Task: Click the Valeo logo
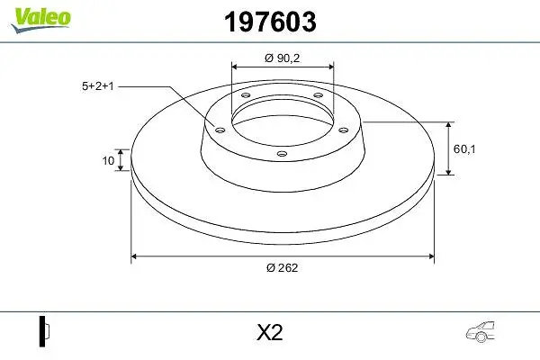[x=40, y=21]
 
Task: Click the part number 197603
[x=270, y=22]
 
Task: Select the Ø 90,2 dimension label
[x=283, y=58]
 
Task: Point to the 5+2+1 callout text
[x=97, y=86]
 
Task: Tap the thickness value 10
[x=108, y=160]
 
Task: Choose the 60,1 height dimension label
[x=464, y=149]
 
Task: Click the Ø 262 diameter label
[x=282, y=267]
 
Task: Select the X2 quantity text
[x=270, y=333]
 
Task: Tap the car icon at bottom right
[x=481, y=332]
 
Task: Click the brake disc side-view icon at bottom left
[x=44, y=331]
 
